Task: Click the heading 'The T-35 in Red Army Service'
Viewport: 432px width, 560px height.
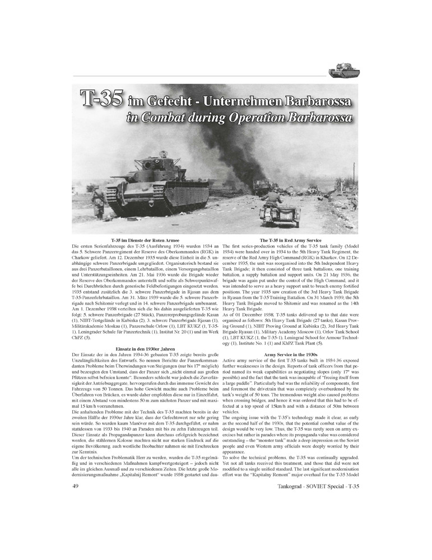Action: tap(290, 240)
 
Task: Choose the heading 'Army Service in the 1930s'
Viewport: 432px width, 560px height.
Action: tap(290, 354)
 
